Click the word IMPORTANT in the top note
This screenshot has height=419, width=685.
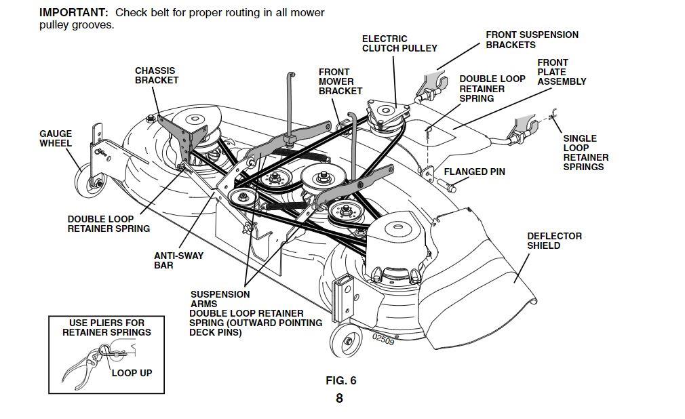click(73, 13)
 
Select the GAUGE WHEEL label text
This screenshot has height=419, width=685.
click(56, 138)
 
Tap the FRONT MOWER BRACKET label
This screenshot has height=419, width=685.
click(340, 81)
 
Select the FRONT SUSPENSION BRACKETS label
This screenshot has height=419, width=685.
click(532, 39)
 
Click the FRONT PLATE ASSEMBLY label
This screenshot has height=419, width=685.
click(562, 72)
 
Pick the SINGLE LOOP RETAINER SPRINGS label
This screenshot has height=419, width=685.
click(585, 153)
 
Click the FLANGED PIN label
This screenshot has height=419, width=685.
click(479, 172)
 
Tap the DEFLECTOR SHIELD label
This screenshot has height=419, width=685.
click(554, 241)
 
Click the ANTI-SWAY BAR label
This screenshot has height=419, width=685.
click(178, 260)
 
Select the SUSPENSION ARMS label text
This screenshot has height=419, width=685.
click(220, 299)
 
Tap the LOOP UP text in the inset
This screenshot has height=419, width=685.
click(132, 373)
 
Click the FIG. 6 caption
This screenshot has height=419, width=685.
click(340, 380)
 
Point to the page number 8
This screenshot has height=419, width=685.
click(339, 399)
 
